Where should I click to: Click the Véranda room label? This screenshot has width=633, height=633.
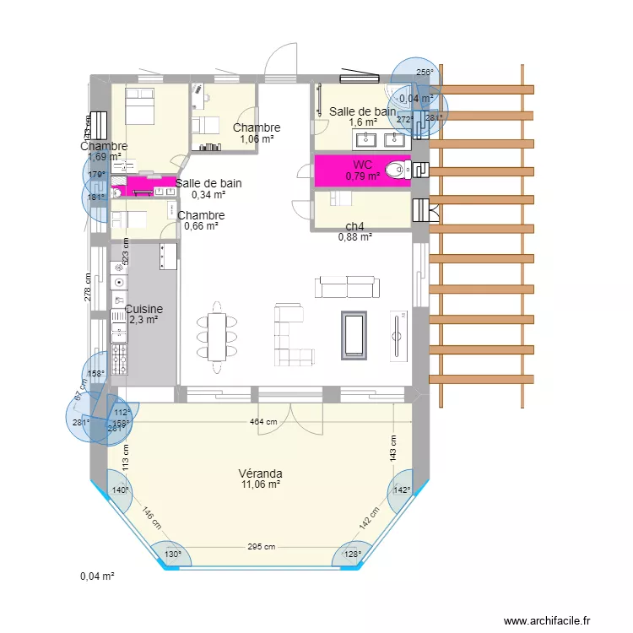[x=260, y=473]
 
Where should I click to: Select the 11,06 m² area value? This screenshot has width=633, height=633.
[x=260, y=484]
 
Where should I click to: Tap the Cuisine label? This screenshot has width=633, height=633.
[x=143, y=310]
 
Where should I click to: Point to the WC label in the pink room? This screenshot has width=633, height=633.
[x=363, y=165]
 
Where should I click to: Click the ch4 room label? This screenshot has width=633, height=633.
[x=354, y=226]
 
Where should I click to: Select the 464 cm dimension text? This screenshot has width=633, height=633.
[x=262, y=421]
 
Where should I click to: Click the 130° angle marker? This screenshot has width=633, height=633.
[x=172, y=555]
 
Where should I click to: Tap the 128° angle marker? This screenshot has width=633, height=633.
[x=352, y=555]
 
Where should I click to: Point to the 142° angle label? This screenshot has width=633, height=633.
[x=400, y=490]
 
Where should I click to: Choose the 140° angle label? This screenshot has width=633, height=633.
[x=120, y=490]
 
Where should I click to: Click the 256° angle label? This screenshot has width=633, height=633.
[x=425, y=73]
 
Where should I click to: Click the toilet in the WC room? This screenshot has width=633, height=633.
[x=394, y=171]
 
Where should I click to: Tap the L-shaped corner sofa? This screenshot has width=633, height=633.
[x=289, y=334]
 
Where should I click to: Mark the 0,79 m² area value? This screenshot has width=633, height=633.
[x=361, y=176]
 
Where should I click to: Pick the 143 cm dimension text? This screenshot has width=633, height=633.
[x=392, y=447]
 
